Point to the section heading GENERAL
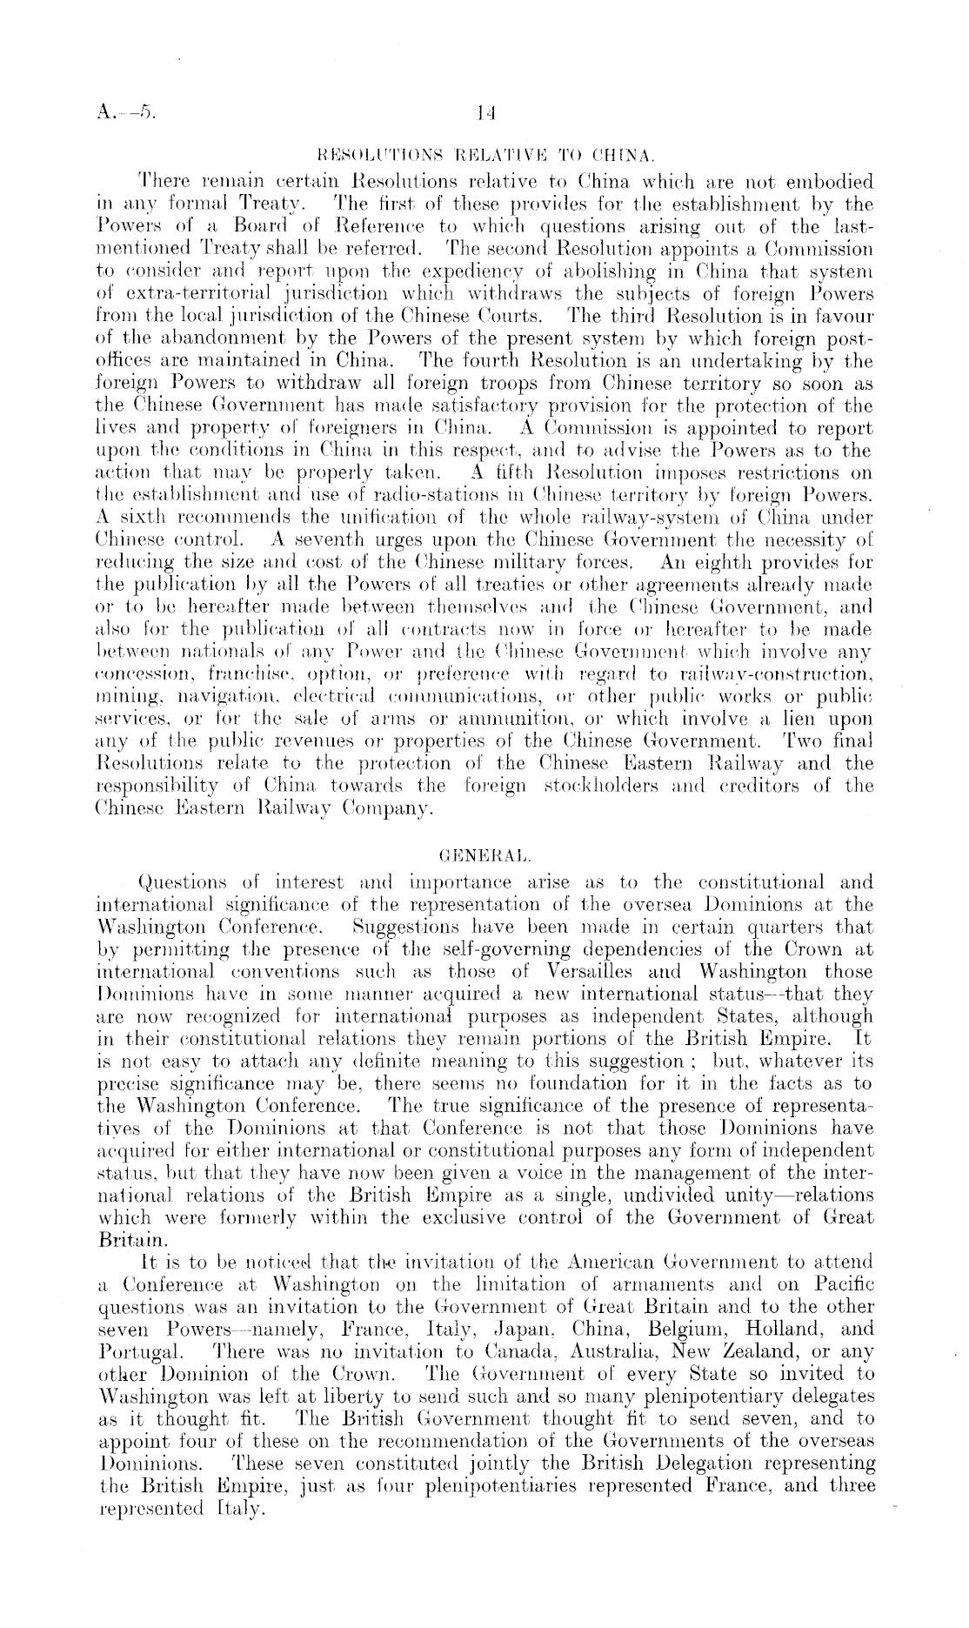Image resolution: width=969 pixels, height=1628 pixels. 484,842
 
